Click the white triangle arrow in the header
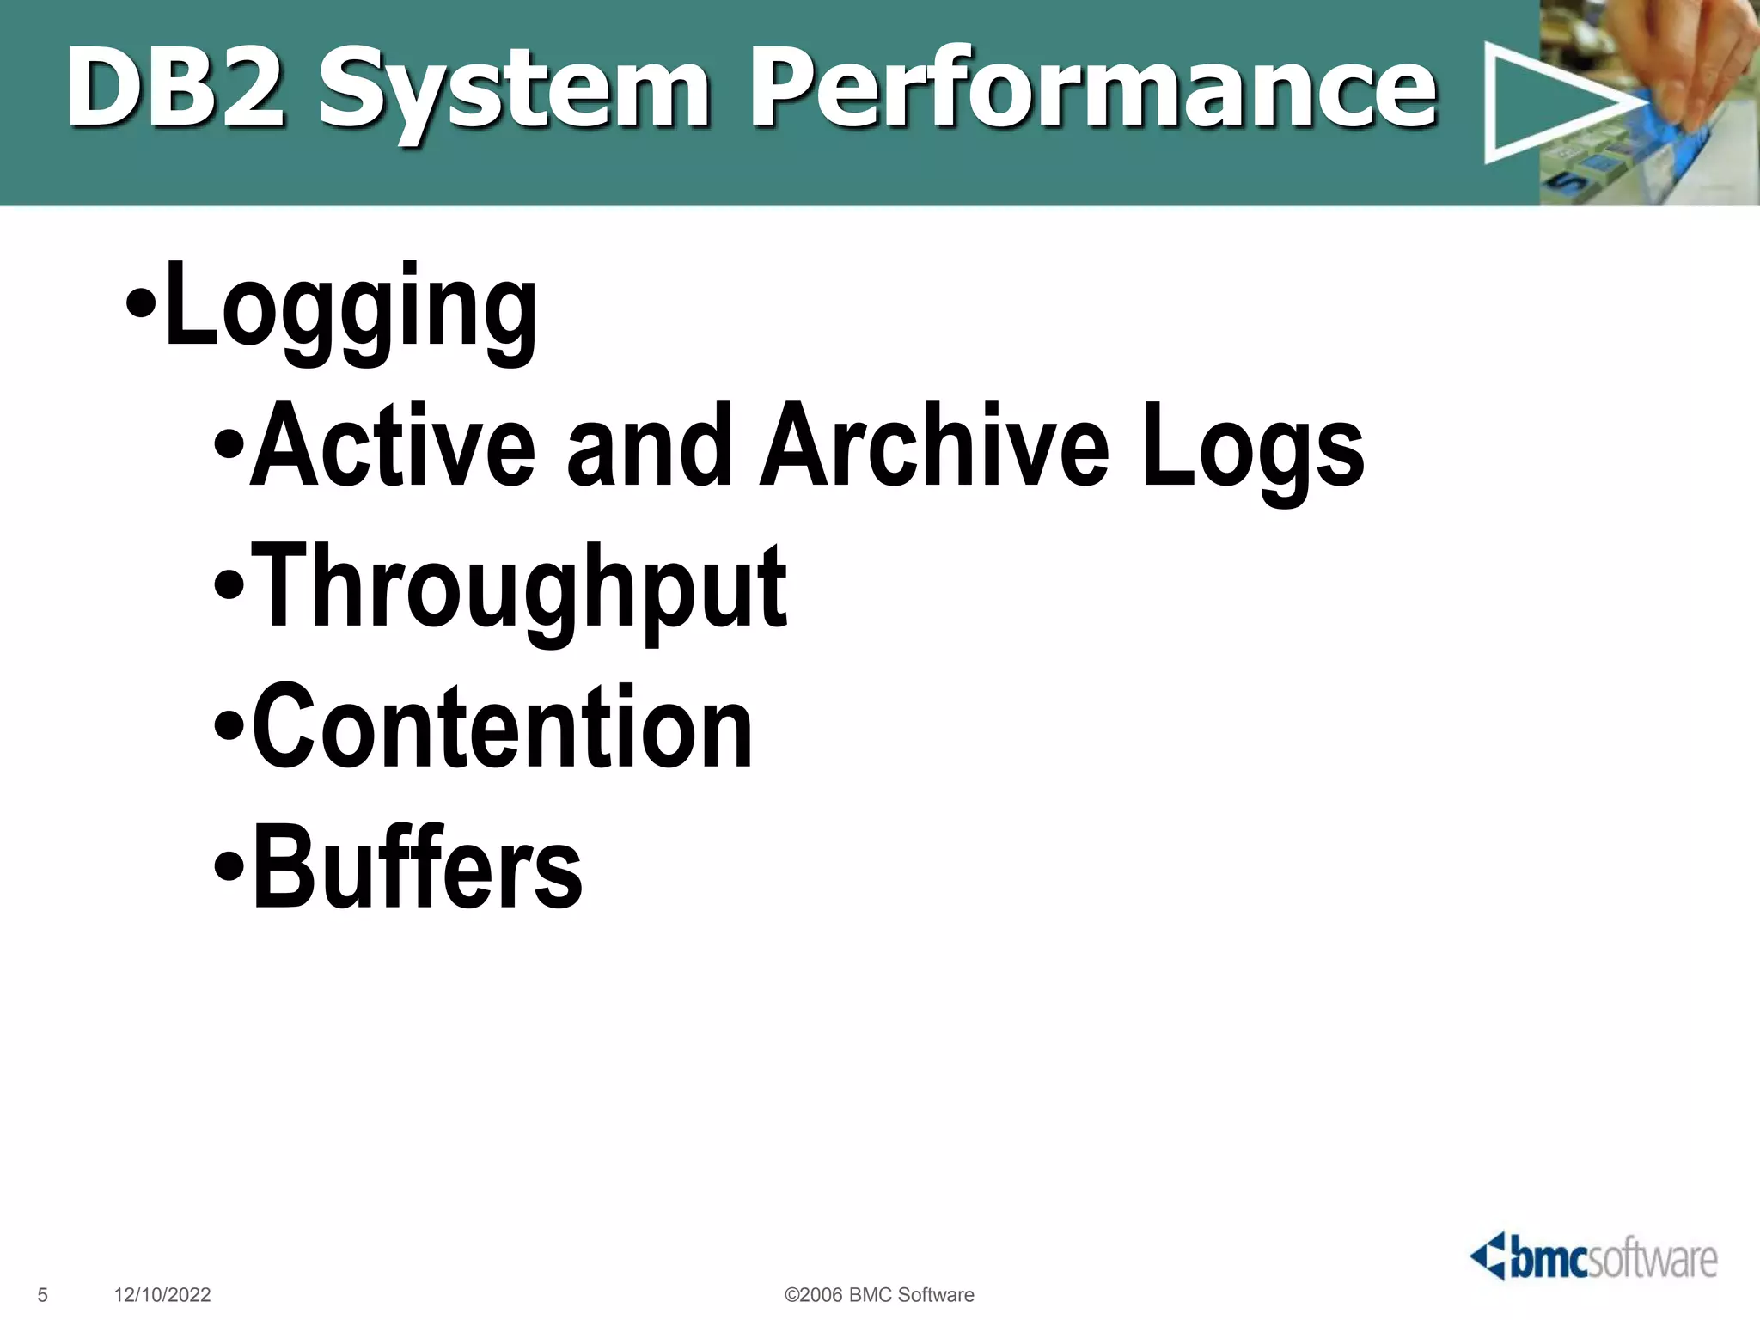(x=1547, y=103)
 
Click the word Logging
(x=351, y=309)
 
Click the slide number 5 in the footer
(x=43, y=1295)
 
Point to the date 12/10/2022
(x=162, y=1295)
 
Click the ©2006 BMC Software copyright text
(x=879, y=1295)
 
